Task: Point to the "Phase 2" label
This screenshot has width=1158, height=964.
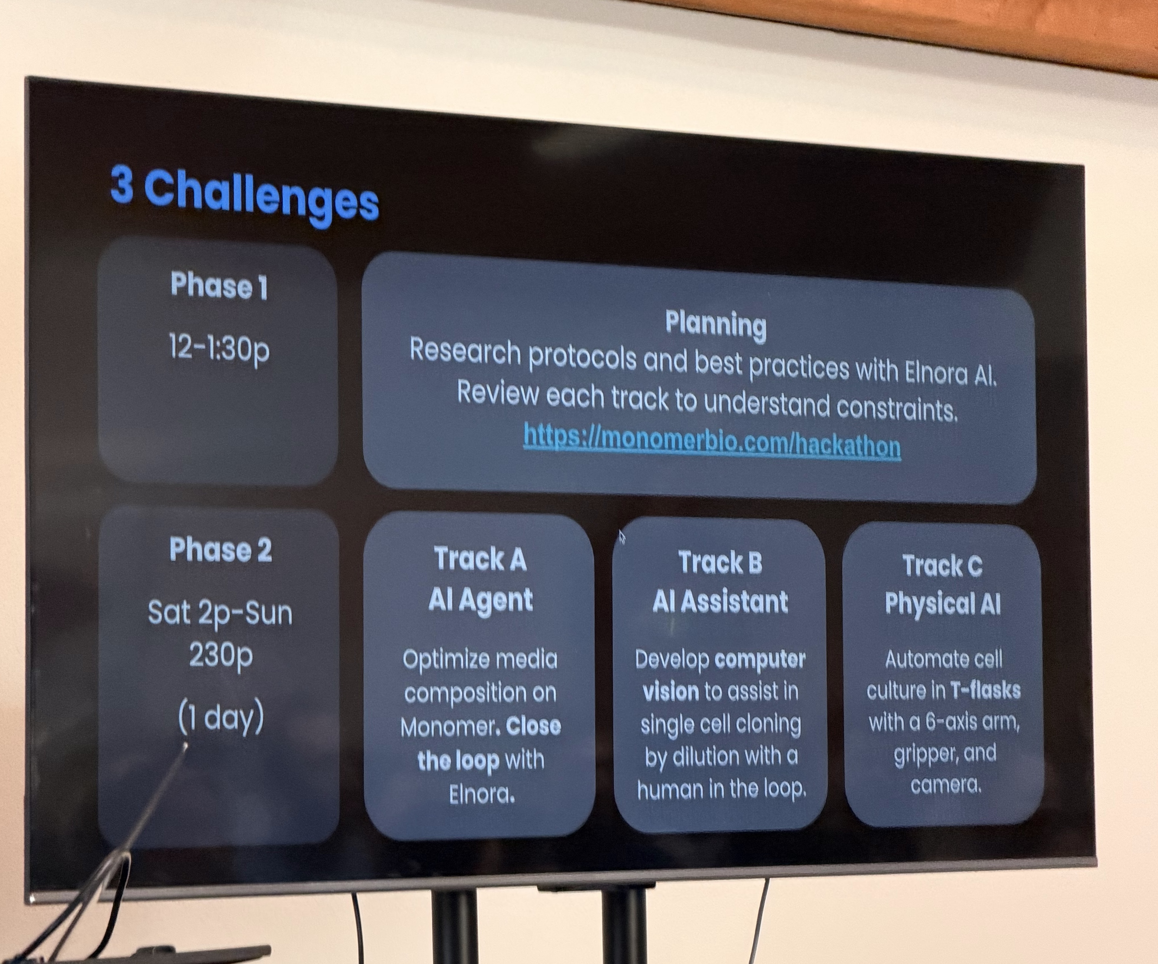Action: pyautogui.click(x=221, y=550)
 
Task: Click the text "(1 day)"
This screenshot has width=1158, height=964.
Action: pyautogui.click(x=221, y=717)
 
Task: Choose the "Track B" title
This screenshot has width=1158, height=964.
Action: pyautogui.click(x=720, y=563)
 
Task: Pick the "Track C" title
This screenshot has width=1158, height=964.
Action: pyautogui.click(x=943, y=565)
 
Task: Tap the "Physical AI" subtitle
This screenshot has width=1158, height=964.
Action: pyautogui.click(x=943, y=604)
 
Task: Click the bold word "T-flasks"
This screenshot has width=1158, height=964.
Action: pyautogui.click(x=985, y=690)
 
